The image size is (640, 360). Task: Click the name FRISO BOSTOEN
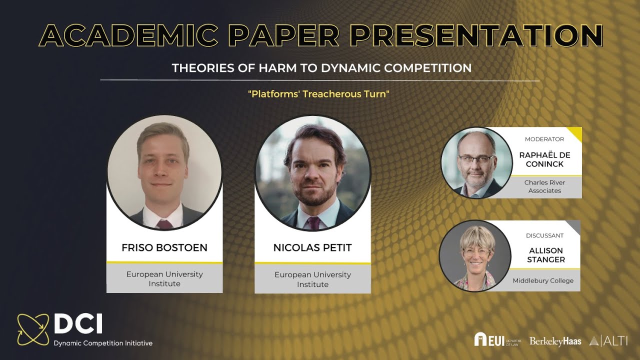coord(164,248)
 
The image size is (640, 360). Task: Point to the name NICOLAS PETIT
coord(312,248)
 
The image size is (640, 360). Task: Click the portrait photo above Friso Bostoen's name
coord(164,172)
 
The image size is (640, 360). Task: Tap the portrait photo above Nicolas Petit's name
coord(313,173)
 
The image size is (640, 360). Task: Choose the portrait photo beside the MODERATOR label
coord(476,162)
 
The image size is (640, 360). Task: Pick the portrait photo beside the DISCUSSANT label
coord(475,255)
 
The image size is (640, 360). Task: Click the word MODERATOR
coord(544,139)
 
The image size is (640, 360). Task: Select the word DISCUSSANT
coord(544,235)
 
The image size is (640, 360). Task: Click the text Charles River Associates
coord(544,186)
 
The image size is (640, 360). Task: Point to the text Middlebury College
coord(543,281)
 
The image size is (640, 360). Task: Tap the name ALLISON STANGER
coord(546,255)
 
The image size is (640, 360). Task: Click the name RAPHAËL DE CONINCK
coord(544,159)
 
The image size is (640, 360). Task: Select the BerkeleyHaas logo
coord(555,341)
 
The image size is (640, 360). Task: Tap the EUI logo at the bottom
coord(497,339)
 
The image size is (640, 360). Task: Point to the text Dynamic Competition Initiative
coord(103,343)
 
